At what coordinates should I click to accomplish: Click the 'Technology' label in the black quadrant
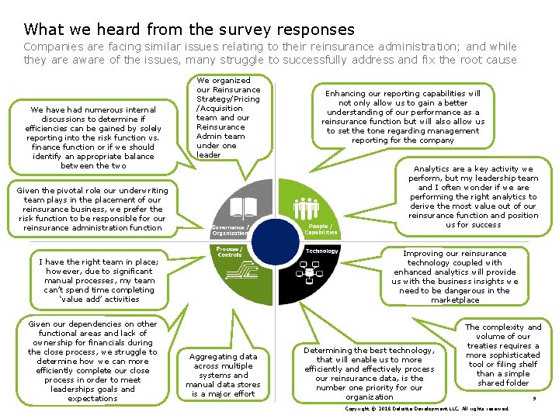tap(322, 251)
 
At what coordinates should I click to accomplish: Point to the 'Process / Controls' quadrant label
tap(230, 251)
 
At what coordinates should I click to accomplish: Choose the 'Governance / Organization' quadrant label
tap(230, 230)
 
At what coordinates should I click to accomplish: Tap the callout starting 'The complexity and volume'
tap(503, 355)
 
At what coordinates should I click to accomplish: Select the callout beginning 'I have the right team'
tap(99, 280)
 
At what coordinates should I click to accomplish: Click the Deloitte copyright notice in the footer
tap(428, 408)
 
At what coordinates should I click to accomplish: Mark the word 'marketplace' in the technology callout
tap(456, 300)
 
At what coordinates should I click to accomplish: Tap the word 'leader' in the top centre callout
tap(209, 154)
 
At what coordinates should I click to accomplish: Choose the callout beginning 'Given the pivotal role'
tap(92, 209)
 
